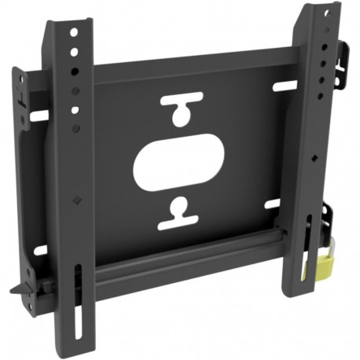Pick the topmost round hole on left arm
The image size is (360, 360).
[x=72, y=35]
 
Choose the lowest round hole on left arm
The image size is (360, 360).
[x=75, y=126]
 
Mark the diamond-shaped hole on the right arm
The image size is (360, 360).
[x=314, y=158]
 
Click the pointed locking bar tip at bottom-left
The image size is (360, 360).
[x=16, y=290]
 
